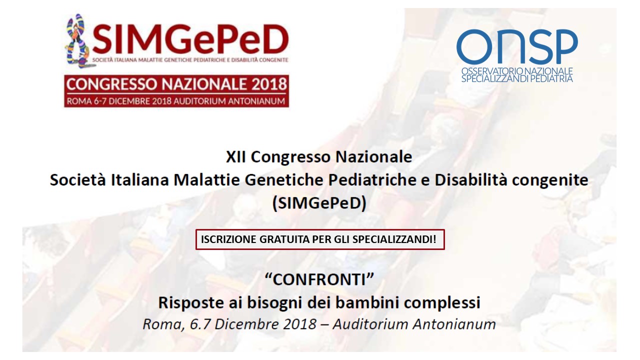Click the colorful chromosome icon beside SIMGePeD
pyautogui.click(x=76, y=41)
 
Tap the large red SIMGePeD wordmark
pyautogui.click(x=190, y=39)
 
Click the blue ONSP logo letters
pyautogui.click(x=517, y=46)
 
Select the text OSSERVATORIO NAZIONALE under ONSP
pyautogui.click(x=517, y=71)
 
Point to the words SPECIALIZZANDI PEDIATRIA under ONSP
pyautogui.click(x=517, y=78)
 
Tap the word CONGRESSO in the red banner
pyautogui.click(x=112, y=84)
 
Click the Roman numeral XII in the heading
pyautogui.click(x=235, y=157)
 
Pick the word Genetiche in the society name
pyautogui.click(x=284, y=180)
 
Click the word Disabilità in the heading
pyautogui.click(x=471, y=180)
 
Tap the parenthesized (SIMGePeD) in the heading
pyautogui.click(x=319, y=203)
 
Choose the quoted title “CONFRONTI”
pyautogui.click(x=319, y=279)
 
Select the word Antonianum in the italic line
pyautogui.click(x=454, y=324)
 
